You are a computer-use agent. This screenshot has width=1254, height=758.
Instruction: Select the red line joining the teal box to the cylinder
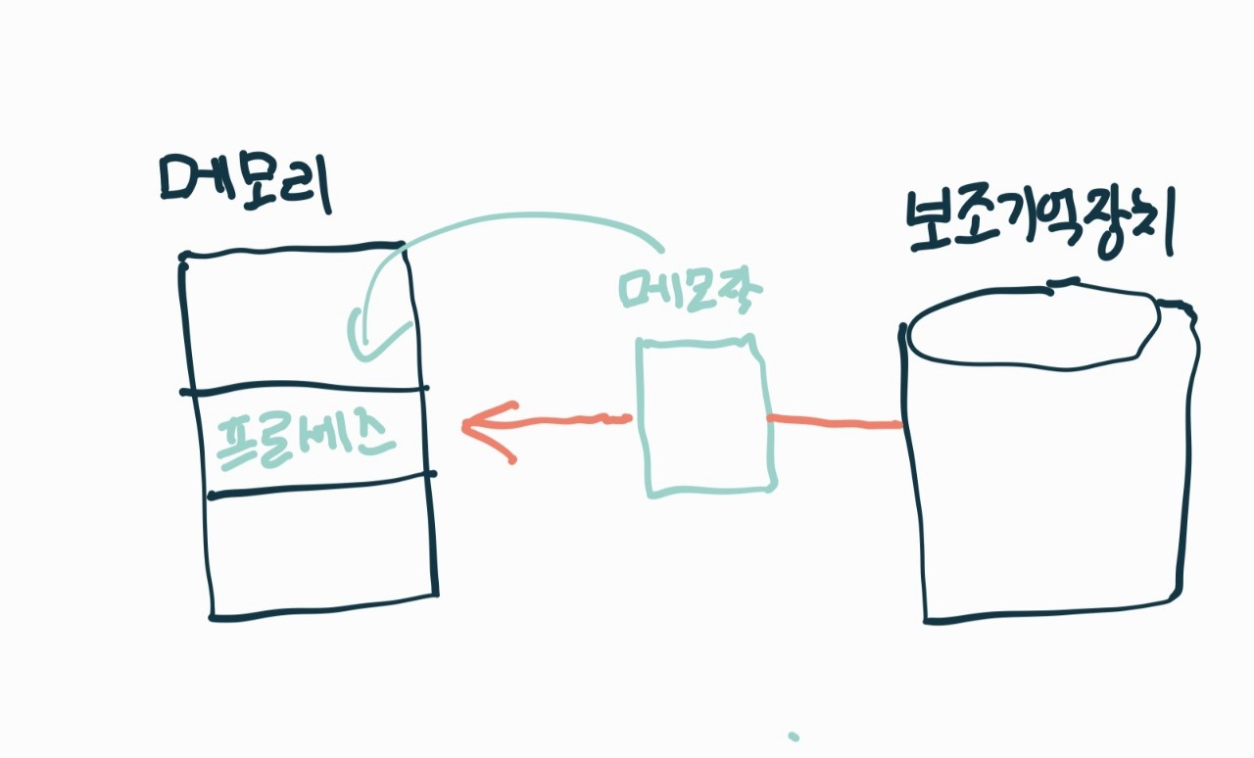click(834, 423)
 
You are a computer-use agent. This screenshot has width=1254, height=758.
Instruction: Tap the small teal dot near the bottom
click(794, 735)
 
